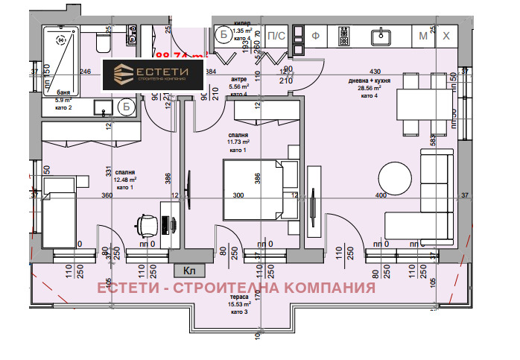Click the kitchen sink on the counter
384,35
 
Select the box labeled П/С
276,35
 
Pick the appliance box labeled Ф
315,35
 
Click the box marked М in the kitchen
424,35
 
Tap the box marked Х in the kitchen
446,35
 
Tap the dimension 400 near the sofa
382,196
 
